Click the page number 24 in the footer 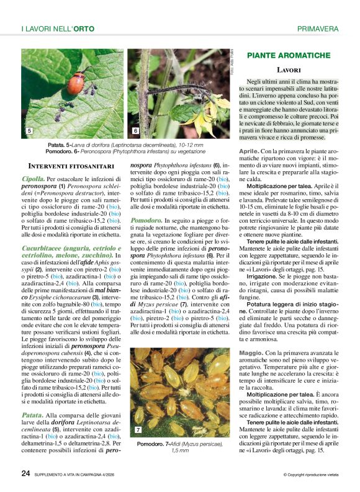[25, 473]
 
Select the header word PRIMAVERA [318, 29]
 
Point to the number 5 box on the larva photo [29, 132]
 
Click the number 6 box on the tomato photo [135, 132]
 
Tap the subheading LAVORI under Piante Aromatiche [289, 70]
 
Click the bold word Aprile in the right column [249, 151]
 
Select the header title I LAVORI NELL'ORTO [55, 29]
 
